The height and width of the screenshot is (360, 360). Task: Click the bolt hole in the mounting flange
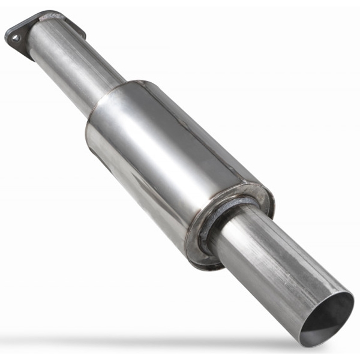point(14,37)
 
